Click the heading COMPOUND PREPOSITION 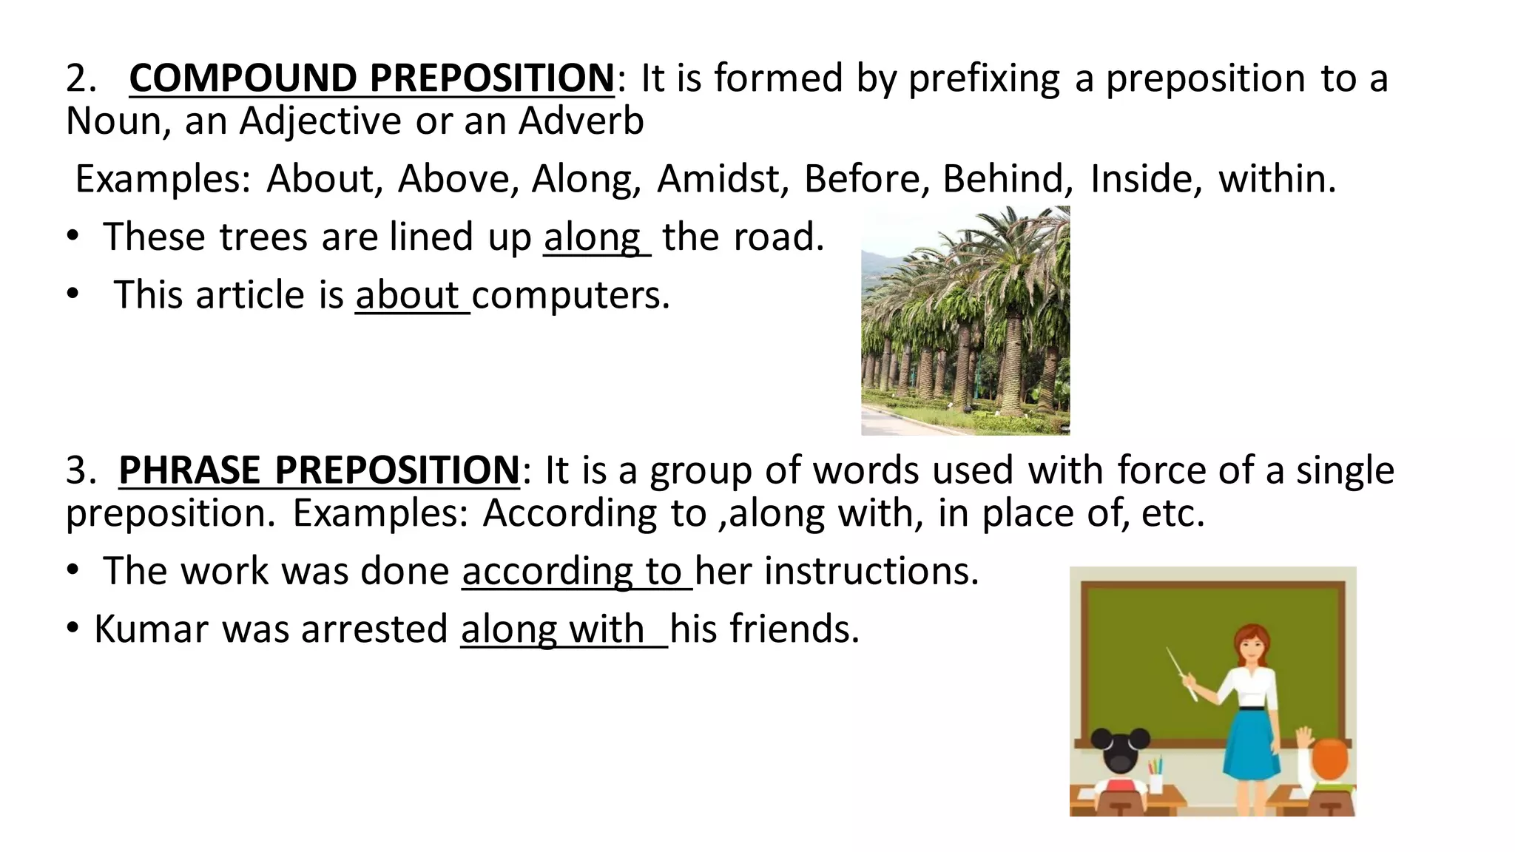pos(371,78)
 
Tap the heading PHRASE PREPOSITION pos(319,470)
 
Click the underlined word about pos(407,295)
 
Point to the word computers pos(570,296)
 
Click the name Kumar pos(152,629)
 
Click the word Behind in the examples pos(1007,179)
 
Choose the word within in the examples pos(1276,179)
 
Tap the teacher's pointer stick pos(1181,672)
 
